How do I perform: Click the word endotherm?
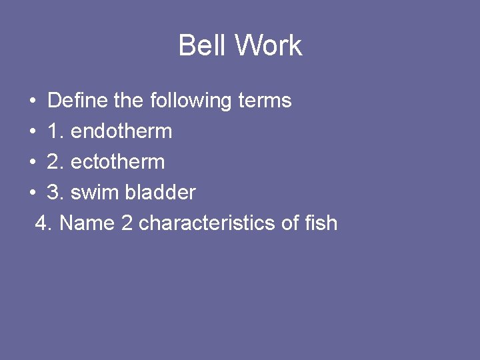[121, 131]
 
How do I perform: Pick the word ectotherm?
[117, 162]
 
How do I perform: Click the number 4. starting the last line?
[44, 223]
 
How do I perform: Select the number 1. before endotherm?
[55, 131]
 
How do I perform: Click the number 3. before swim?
[55, 193]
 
